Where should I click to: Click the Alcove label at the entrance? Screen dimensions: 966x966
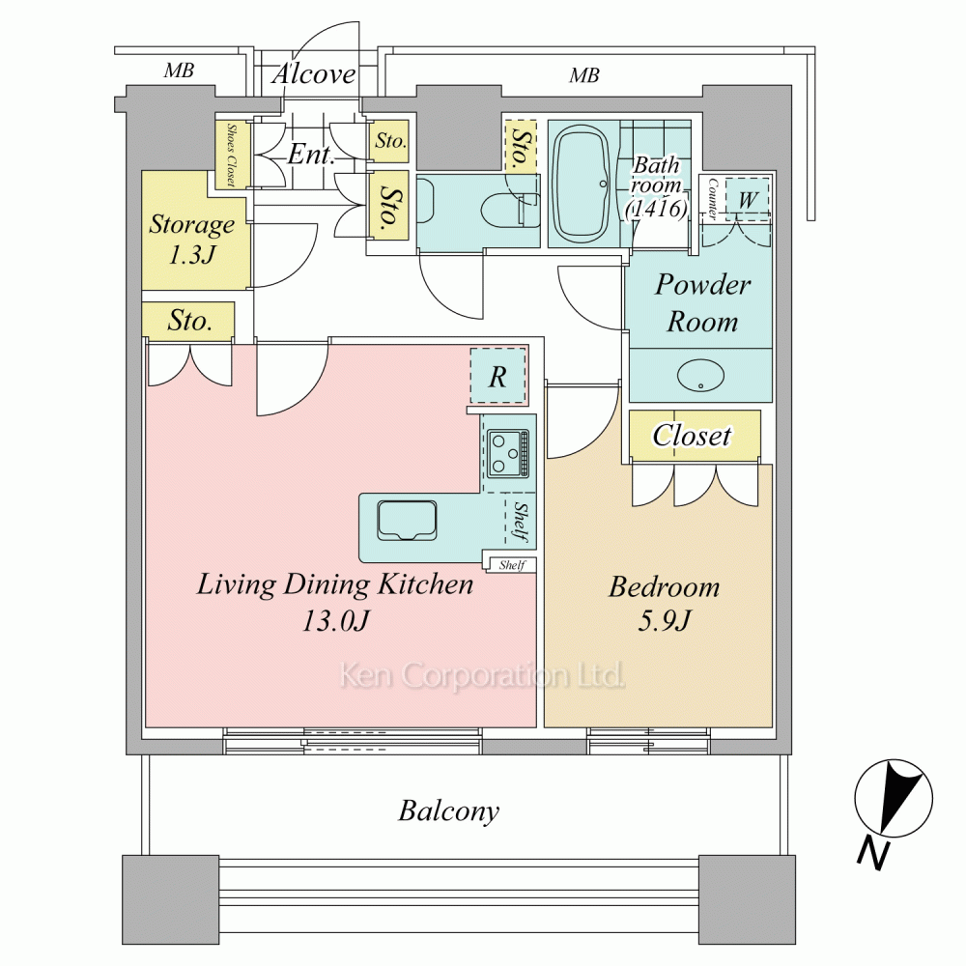click(x=314, y=74)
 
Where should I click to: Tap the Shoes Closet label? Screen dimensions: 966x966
click(x=232, y=155)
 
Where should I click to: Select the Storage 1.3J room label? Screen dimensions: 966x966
click(x=192, y=239)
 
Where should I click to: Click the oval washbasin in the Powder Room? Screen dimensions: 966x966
click(x=700, y=375)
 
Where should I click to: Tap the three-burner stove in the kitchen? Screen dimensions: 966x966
click(x=508, y=453)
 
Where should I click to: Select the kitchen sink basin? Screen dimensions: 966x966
click(x=408, y=521)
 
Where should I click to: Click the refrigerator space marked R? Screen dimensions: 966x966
click(x=497, y=376)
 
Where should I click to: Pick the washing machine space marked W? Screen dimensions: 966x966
click(x=748, y=199)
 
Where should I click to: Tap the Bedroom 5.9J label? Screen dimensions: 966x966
click(x=665, y=603)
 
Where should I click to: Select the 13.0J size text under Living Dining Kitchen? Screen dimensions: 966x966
click(x=335, y=620)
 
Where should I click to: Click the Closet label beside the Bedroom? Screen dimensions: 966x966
click(x=692, y=436)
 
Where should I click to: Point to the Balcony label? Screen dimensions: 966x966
click(x=448, y=810)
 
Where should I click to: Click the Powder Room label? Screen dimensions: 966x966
click(x=702, y=302)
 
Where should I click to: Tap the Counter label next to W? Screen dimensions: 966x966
click(x=712, y=199)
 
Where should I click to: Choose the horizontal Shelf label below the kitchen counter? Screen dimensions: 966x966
click(x=512, y=565)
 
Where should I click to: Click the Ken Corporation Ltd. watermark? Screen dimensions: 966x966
click(x=482, y=675)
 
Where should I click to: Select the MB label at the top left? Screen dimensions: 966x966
click(x=179, y=71)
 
